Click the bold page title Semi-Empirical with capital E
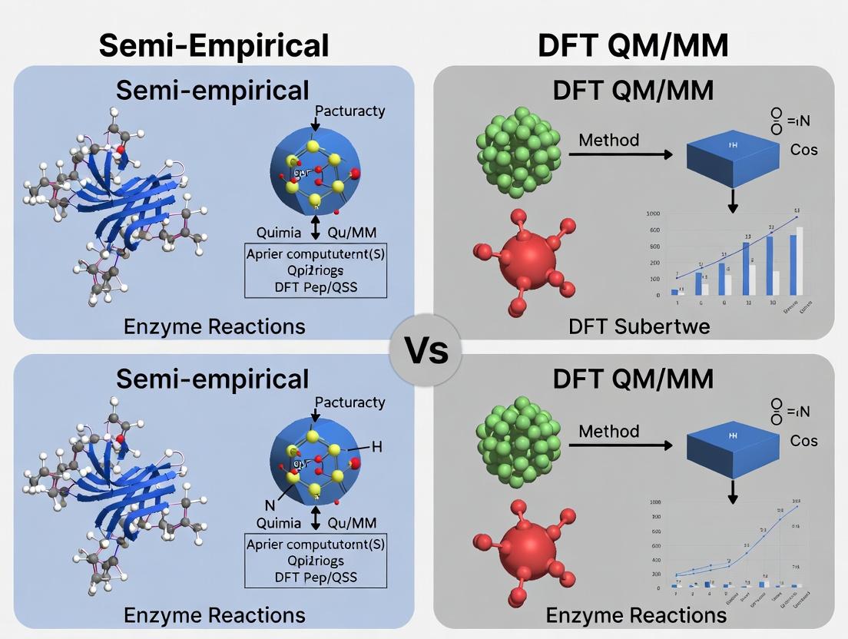tap(214, 45)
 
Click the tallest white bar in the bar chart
tap(800, 261)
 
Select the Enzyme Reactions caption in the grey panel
tap(636, 614)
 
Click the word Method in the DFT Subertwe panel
tap(608, 140)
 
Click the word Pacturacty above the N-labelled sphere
tap(349, 402)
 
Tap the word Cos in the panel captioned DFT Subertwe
tap(804, 149)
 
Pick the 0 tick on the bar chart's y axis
tap(658, 296)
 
